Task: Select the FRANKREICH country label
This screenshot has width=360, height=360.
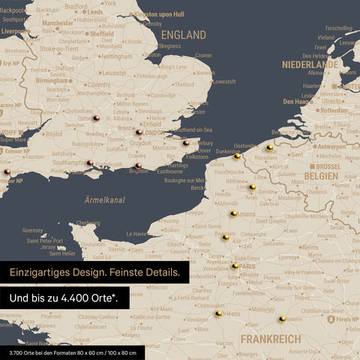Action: click(x=271, y=339)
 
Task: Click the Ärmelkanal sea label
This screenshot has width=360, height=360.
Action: click(x=104, y=200)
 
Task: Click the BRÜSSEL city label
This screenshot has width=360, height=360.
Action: click(x=328, y=166)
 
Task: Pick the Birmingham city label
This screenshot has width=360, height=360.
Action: click(x=53, y=59)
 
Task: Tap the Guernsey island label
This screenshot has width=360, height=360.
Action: click(x=33, y=230)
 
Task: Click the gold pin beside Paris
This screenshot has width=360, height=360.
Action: click(x=235, y=265)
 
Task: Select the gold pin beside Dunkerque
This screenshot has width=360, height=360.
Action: click(x=237, y=157)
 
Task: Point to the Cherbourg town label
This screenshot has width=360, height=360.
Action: click(x=88, y=223)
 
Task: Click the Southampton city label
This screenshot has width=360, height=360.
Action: click(x=70, y=162)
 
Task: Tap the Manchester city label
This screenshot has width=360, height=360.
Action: click(x=58, y=23)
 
